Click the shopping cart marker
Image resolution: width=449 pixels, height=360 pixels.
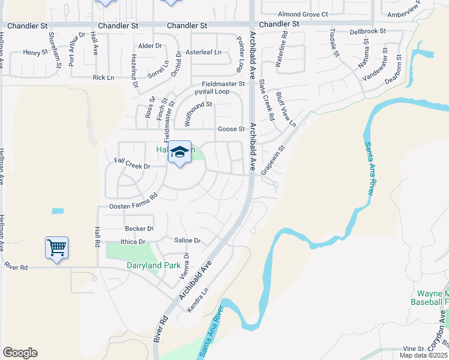click(56, 247)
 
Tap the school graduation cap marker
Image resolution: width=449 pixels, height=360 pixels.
click(179, 152)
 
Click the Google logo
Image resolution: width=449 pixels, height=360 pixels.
click(20, 353)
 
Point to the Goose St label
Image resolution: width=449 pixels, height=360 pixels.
click(231, 129)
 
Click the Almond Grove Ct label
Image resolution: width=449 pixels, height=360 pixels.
click(303, 14)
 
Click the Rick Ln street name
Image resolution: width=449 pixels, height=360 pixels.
click(103, 77)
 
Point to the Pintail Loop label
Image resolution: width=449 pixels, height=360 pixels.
click(212, 92)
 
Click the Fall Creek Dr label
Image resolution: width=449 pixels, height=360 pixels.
click(131, 163)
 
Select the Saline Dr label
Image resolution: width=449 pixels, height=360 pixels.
click(188, 241)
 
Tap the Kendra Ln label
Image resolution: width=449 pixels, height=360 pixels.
click(200, 298)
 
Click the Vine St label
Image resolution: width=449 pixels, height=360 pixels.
click(413, 348)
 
